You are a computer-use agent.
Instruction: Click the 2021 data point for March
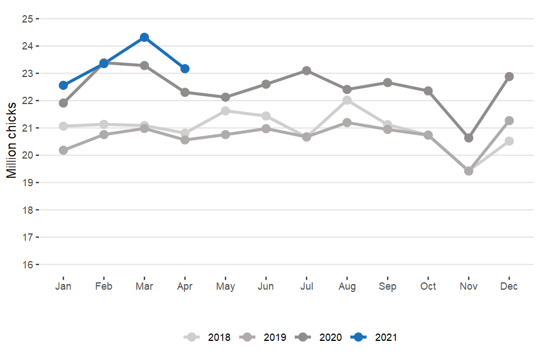tap(145, 37)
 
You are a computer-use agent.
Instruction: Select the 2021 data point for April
tap(185, 69)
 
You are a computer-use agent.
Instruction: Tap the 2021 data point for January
tap(64, 85)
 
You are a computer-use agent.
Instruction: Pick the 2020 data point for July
tap(307, 70)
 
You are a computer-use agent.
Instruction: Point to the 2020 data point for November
tap(469, 138)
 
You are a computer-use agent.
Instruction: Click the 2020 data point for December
tap(509, 76)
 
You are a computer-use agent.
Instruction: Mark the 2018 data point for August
tap(347, 100)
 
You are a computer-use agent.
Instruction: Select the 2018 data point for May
tap(226, 111)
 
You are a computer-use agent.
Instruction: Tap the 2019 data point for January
tap(64, 150)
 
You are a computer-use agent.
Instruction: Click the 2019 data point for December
tap(509, 120)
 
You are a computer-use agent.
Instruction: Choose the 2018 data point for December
tap(509, 141)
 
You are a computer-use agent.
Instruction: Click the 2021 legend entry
tap(375, 337)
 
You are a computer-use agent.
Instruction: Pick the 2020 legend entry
tap(319, 337)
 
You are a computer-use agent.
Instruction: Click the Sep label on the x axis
tap(388, 286)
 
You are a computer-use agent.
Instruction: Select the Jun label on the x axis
tap(266, 286)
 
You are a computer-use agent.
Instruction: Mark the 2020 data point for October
tap(428, 91)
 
